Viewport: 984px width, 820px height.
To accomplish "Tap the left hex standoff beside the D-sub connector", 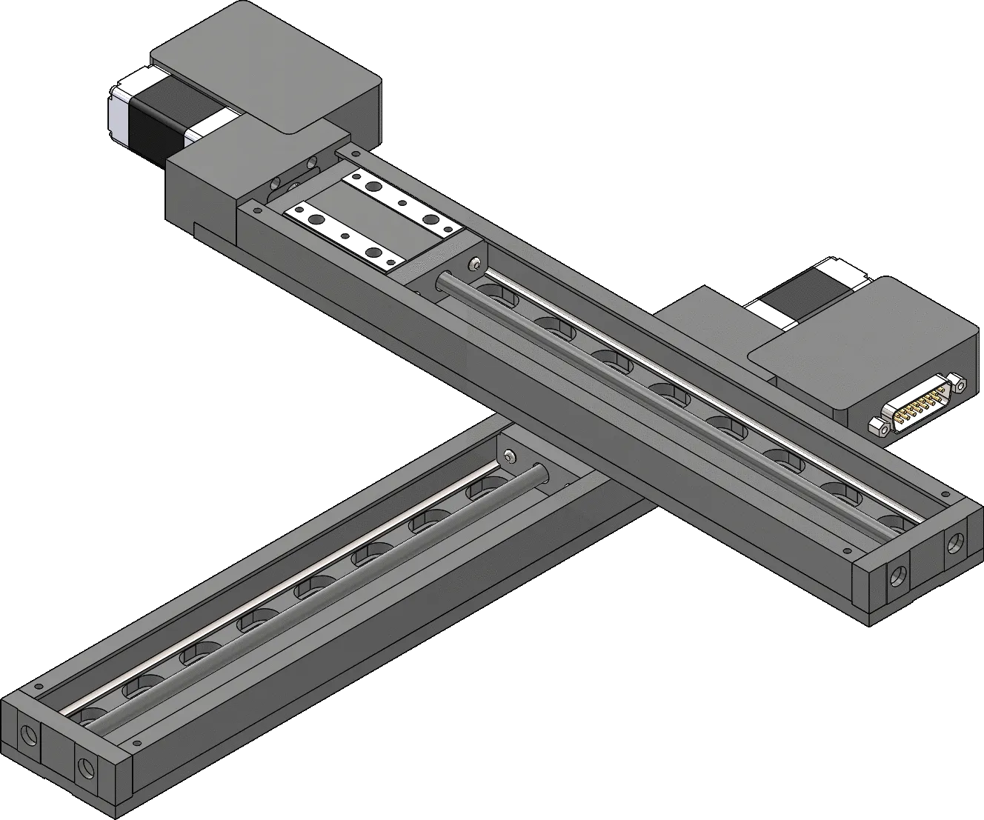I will tap(878, 427).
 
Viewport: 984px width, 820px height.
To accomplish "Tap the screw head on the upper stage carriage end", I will tap(473, 264).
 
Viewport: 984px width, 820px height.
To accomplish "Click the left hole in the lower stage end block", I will tap(29, 735).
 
